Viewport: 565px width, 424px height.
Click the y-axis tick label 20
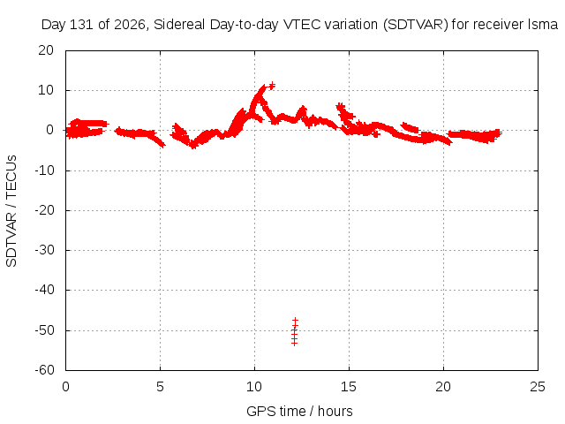pyautogui.click(x=46, y=50)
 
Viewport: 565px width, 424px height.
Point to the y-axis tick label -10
pyautogui.click(x=44, y=170)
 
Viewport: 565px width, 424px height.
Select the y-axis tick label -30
pyautogui.click(x=44, y=250)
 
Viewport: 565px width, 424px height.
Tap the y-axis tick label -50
pyautogui.click(x=44, y=330)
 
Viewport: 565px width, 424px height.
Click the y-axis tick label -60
pyautogui.click(x=44, y=370)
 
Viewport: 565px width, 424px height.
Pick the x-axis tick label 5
pyautogui.click(x=160, y=387)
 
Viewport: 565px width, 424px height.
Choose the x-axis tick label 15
pyautogui.click(x=349, y=387)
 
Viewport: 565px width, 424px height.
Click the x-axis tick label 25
pyautogui.click(x=538, y=387)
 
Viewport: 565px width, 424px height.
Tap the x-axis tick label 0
pyautogui.click(x=65, y=387)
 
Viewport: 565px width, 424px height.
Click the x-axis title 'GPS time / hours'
pyautogui.click(x=299, y=411)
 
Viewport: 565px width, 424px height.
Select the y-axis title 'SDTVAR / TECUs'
pyautogui.click(x=11, y=211)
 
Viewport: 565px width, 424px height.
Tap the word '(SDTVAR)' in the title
pyautogui.click(x=416, y=25)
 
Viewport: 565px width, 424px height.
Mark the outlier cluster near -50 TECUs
pyautogui.click(x=295, y=332)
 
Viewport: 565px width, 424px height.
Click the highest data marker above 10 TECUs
pyautogui.click(x=273, y=86)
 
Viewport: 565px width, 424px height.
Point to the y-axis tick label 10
pyautogui.click(x=46, y=90)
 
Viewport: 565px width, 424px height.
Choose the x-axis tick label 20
pyautogui.click(x=443, y=387)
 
